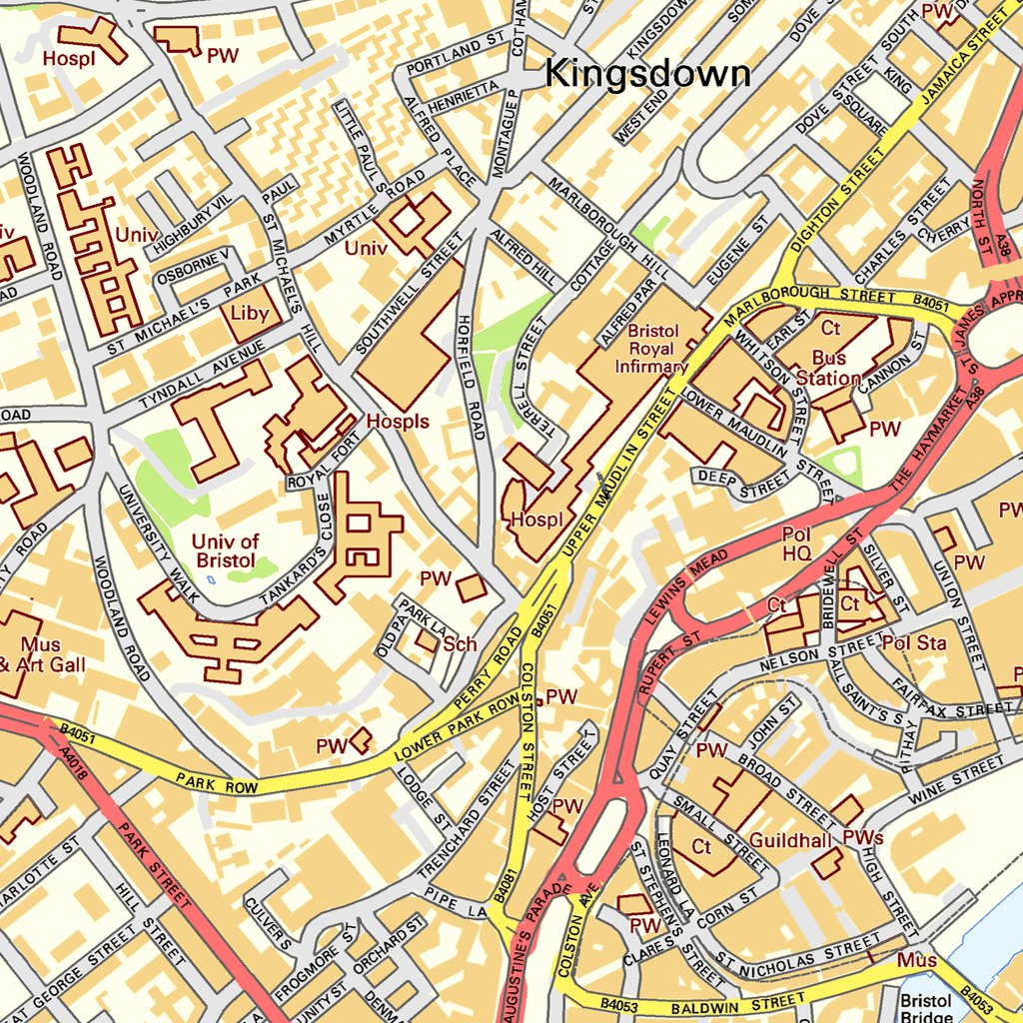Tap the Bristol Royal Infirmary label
coord(652,349)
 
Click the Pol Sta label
coord(914,642)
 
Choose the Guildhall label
coord(790,840)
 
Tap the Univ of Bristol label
coord(225,551)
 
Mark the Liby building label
coord(250,313)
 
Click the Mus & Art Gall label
coord(40,654)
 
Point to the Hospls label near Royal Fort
coord(397,422)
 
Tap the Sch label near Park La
coord(460,643)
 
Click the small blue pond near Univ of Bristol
coord(210,578)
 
